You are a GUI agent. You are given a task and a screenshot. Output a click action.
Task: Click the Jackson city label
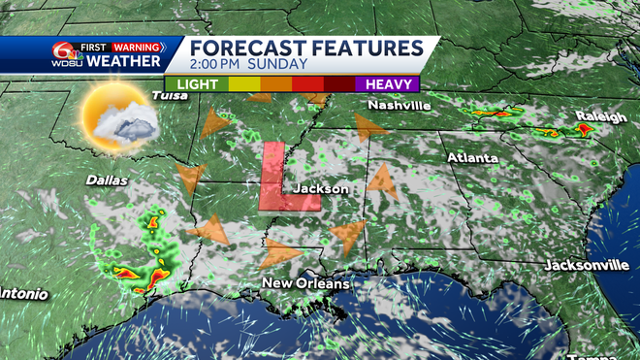320,188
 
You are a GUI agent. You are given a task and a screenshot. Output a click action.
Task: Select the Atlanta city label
472,157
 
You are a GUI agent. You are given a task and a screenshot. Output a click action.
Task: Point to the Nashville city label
398,105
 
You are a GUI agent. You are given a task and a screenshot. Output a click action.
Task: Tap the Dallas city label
106,180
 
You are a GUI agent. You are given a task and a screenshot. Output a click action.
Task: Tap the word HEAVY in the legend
385,84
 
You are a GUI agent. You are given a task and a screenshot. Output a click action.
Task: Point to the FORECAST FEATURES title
305,48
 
